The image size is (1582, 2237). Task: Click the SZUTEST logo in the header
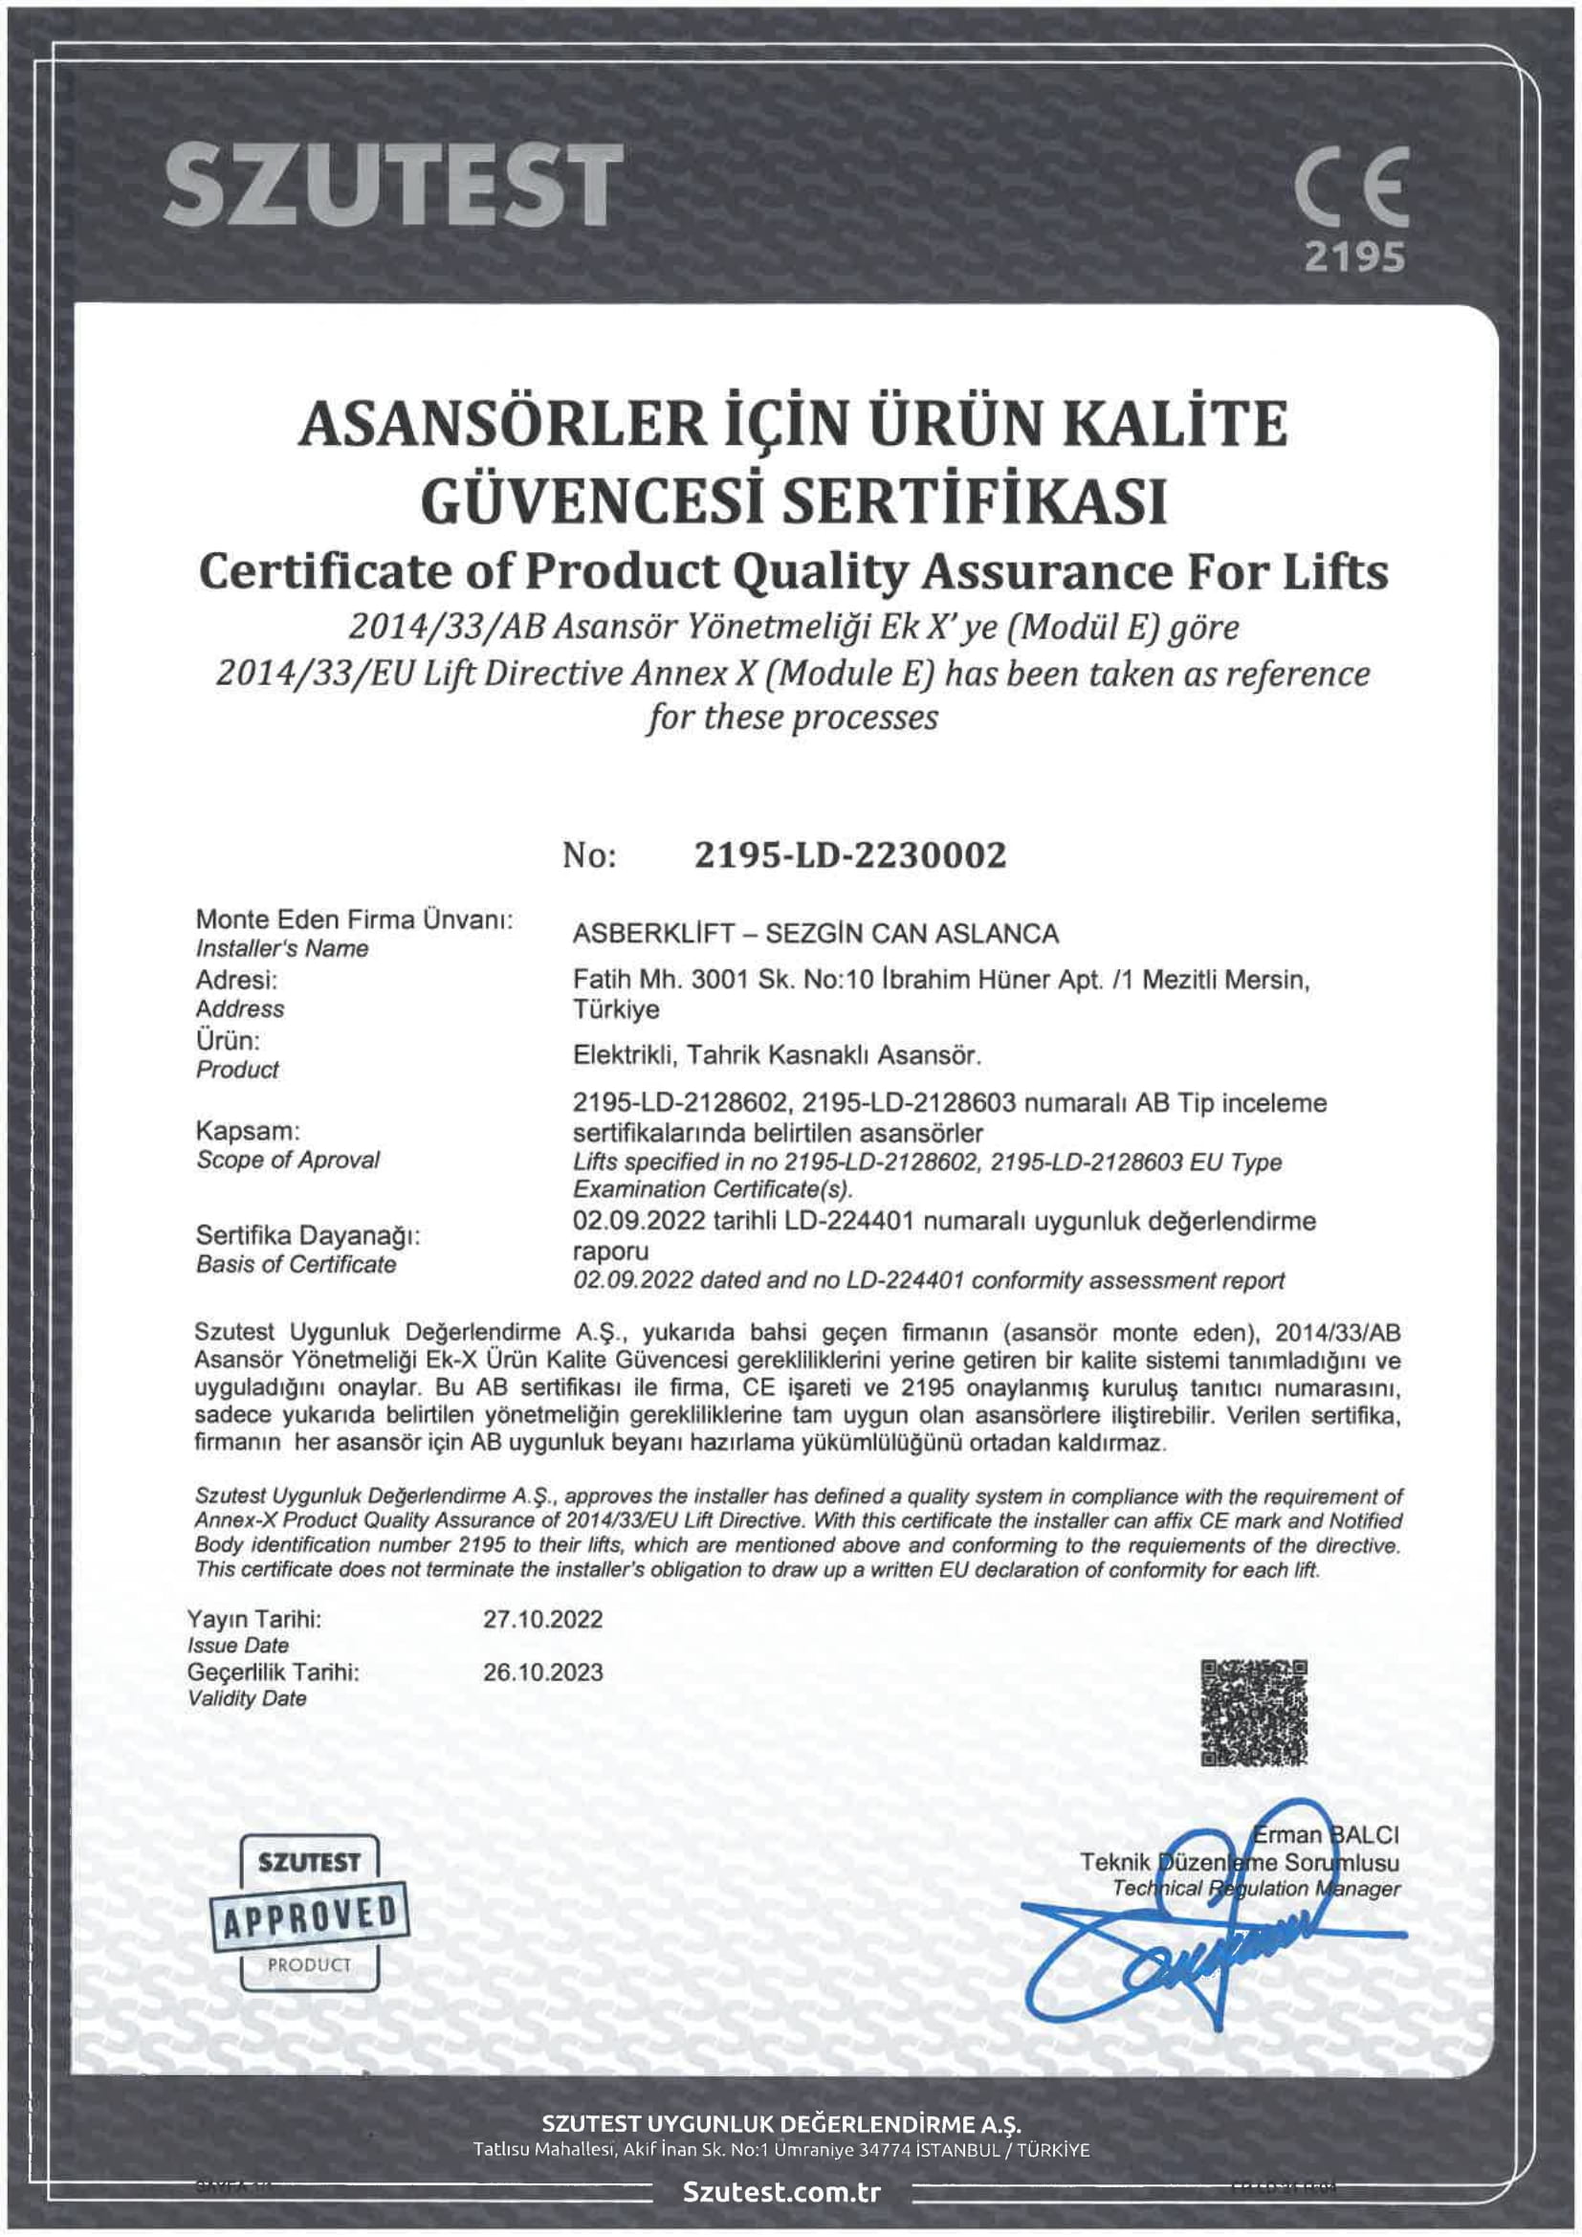(x=393, y=185)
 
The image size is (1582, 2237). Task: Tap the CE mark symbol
(x=1352, y=186)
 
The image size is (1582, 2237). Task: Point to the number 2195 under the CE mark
(x=1354, y=257)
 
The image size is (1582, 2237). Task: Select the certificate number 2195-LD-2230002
(x=849, y=855)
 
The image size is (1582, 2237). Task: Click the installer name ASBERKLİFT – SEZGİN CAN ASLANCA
(x=815, y=934)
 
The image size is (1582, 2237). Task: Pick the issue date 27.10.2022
(x=542, y=1619)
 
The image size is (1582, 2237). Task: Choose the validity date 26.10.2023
(x=542, y=1672)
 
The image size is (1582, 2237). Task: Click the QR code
(x=1253, y=1713)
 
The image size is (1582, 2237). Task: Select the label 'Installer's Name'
(x=281, y=948)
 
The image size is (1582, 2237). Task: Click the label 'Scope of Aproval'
(x=287, y=1160)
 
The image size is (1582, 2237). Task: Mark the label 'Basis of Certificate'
(x=297, y=1264)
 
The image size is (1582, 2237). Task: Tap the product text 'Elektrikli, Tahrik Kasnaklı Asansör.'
(x=777, y=1055)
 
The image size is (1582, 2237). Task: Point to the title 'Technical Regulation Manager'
(x=1256, y=1888)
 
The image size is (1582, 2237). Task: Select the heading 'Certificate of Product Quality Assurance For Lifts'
(x=793, y=572)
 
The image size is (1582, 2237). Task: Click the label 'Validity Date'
(x=247, y=1698)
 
